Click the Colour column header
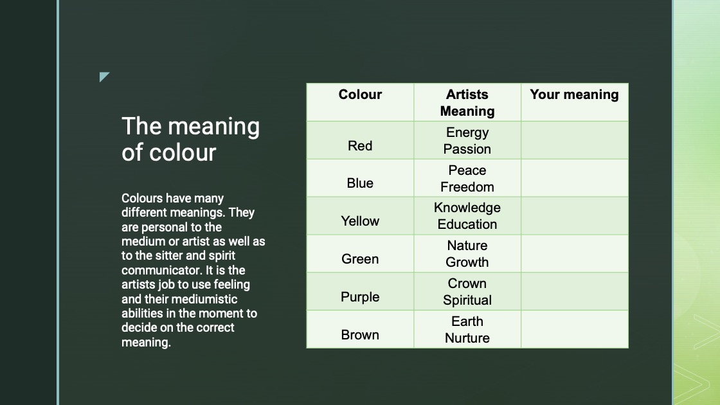pos(360,94)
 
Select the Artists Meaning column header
pos(467,103)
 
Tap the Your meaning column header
pos(574,94)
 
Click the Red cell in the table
pos(360,146)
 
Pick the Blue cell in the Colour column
pos(360,183)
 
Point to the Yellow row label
pos(360,221)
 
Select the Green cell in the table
pos(360,259)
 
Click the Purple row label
pos(360,297)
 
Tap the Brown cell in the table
pos(360,335)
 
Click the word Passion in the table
pos(467,149)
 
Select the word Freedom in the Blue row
pos(467,187)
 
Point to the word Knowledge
pos(467,208)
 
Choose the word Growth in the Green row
pos(467,262)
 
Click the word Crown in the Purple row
pos(467,283)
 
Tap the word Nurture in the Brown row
pos(467,338)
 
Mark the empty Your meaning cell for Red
pos(575,141)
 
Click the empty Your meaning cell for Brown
pos(575,329)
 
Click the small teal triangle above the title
pos(104,76)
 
